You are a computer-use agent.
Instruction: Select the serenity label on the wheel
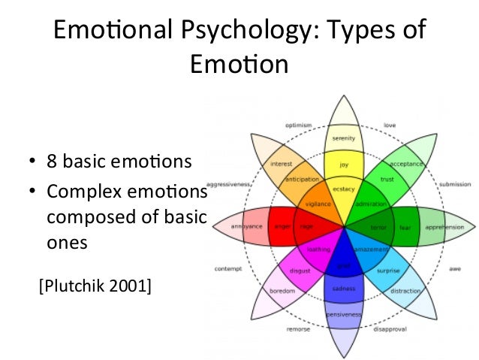(x=344, y=138)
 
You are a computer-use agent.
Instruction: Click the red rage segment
(x=306, y=226)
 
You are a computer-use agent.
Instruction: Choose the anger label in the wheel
(x=282, y=226)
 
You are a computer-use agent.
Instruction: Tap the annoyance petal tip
(x=246, y=226)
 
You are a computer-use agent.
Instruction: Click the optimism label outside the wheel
(x=299, y=125)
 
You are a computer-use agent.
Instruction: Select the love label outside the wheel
(x=390, y=125)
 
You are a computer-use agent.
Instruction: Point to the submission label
(x=455, y=183)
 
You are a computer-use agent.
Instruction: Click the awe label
(x=455, y=268)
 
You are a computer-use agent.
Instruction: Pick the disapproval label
(x=389, y=327)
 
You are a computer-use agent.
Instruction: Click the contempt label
(x=227, y=268)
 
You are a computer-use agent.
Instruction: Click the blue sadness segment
(x=344, y=289)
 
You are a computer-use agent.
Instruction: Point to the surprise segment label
(x=388, y=271)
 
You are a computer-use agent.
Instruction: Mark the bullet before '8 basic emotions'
(x=32, y=162)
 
